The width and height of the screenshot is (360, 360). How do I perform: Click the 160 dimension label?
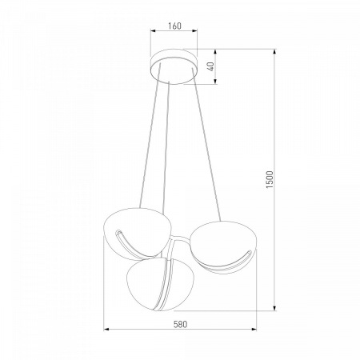(x=174, y=26)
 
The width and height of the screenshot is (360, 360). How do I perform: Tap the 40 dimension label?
(x=211, y=66)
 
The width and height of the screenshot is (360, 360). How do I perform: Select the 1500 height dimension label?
(x=270, y=180)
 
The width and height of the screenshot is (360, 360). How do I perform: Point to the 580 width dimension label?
(x=181, y=324)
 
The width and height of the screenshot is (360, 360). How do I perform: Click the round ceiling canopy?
(x=174, y=66)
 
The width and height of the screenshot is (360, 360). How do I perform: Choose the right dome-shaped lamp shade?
(x=223, y=246)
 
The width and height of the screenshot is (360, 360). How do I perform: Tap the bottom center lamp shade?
(x=151, y=284)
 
